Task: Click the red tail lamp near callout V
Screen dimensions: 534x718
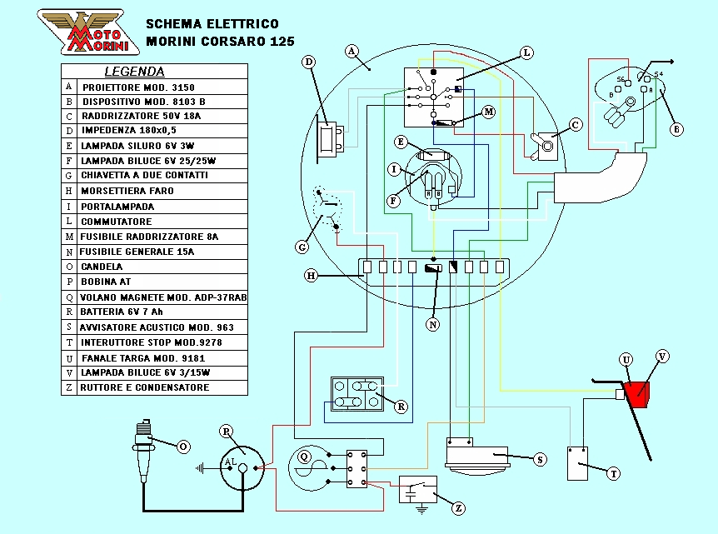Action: (x=640, y=392)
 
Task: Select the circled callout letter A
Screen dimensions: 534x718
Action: (x=352, y=51)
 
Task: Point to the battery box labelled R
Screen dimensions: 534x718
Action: (x=357, y=394)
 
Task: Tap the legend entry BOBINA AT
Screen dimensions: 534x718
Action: (x=107, y=282)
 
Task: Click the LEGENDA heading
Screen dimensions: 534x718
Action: (x=134, y=72)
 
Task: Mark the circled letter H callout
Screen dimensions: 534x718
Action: (x=311, y=275)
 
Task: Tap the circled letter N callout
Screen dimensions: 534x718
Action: (x=433, y=325)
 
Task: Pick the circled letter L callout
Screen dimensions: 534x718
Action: (x=526, y=52)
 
